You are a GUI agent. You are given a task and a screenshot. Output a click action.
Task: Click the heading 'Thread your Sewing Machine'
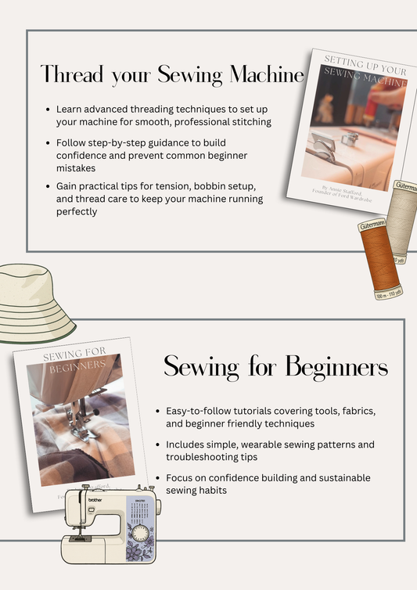[x=172, y=75]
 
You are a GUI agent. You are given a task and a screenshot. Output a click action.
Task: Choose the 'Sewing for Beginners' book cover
[x=78, y=415]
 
